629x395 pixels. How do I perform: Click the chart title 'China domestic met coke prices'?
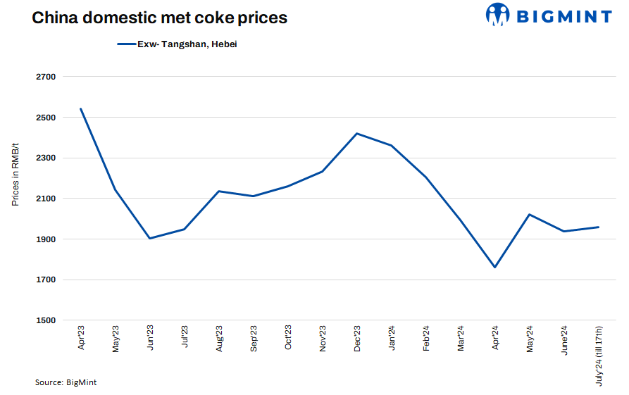[x=159, y=18]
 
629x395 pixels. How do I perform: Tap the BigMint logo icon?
[x=498, y=15]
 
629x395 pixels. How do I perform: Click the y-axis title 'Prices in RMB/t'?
[x=15, y=174]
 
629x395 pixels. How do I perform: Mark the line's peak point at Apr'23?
[x=81, y=108]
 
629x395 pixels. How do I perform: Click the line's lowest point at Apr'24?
[x=495, y=267]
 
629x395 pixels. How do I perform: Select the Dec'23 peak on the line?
[x=357, y=133]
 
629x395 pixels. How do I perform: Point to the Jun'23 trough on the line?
[x=150, y=238]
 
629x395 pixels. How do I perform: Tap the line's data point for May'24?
[x=530, y=214]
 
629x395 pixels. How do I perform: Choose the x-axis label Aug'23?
[x=219, y=339]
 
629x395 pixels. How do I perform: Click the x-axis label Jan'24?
[x=392, y=339]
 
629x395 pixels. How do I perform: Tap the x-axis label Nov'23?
[x=323, y=339]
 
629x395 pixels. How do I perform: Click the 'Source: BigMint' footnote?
[x=66, y=382]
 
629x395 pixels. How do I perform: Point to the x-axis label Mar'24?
[x=461, y=339]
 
